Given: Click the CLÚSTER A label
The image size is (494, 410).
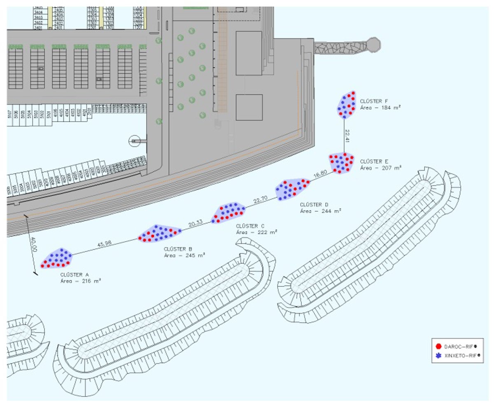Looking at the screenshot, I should [x=75, y=274].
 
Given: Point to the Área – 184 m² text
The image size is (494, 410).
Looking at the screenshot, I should [x=380, y=107].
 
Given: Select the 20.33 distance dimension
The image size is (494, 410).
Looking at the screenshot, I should [x=196, y=223].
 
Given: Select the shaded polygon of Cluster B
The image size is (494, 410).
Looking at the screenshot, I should [x=159, y=234].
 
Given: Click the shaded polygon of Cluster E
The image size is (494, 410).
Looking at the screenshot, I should [x=341, y=162].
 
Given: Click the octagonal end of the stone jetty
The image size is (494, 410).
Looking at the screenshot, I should [x=373, y=45].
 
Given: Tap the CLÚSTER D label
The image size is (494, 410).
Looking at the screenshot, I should [x=314, y=204].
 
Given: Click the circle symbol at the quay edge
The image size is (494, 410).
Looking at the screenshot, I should [x=134, y=141].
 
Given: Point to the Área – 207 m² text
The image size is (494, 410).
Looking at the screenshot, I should [x=380, y=168].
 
